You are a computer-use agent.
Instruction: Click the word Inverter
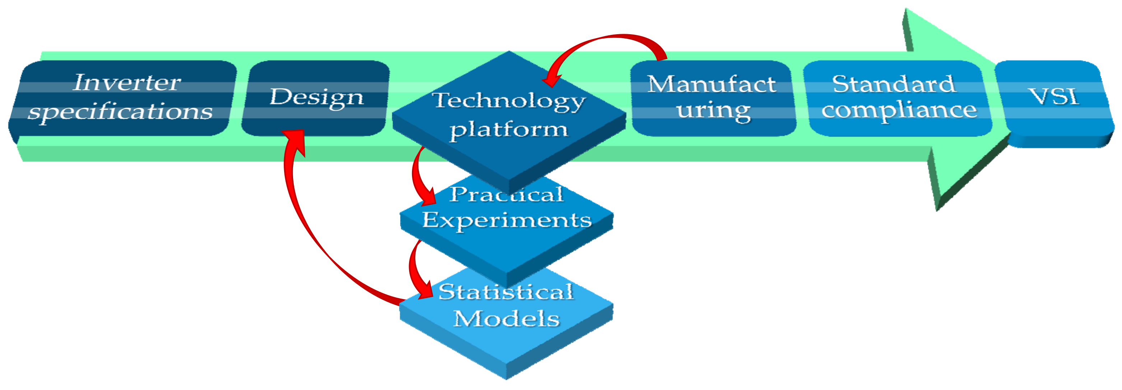tap(126, 83)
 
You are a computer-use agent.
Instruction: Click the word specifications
tap(120, 112)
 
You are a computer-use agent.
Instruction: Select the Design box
tap(316, 97)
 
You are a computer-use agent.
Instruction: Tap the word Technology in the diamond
tap(508, 101)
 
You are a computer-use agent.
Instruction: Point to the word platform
tap(509, 130)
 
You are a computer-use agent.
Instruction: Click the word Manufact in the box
tap(711, 84)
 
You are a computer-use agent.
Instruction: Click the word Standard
tap(894, 84)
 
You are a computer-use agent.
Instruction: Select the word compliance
tap(899, 110)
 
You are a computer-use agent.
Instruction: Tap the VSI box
tap(1054, 97)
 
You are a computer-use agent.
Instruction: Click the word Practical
tap(506, 195)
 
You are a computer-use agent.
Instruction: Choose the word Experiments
tap(506, 220)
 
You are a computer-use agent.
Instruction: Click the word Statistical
tap(505, 292)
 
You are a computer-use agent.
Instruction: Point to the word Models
tap(506, 318)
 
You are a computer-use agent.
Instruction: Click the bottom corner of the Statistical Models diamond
tap(506, 378)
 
